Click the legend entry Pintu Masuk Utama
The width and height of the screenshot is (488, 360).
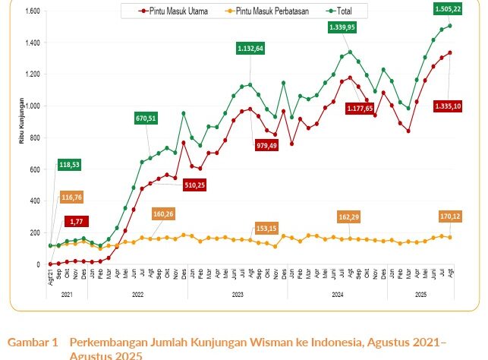[x=179, y=11]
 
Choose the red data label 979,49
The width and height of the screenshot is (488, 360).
[x=267, y=145]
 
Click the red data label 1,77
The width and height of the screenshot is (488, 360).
[x=77, y=221]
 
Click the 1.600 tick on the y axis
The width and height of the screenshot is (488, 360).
[x=33, y=11]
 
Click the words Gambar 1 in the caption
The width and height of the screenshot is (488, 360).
[x=33, y=343]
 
